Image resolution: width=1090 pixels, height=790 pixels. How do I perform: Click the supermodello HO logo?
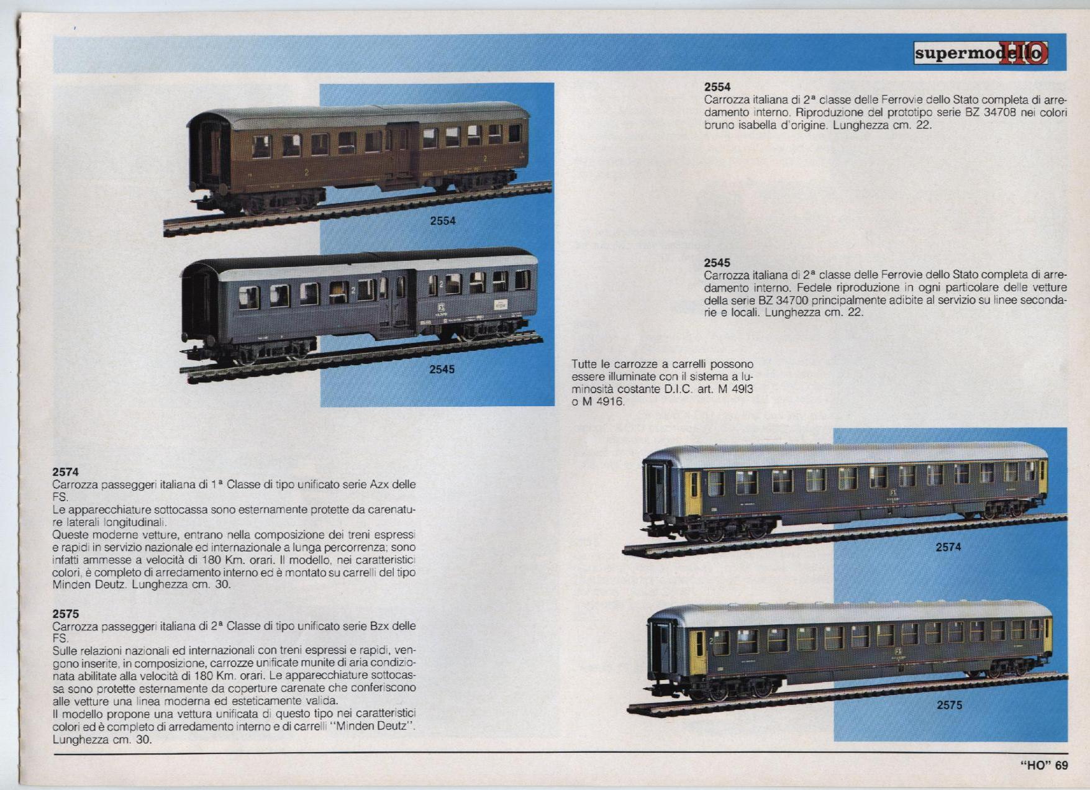click(981, 53)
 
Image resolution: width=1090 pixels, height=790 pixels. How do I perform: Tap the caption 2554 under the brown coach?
click(443, 220)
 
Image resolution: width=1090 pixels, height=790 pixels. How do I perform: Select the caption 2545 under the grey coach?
click(442, 369)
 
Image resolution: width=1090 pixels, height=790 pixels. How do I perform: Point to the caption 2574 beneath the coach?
click(948, 547)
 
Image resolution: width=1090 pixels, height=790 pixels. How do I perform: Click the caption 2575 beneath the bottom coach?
click(949, 705)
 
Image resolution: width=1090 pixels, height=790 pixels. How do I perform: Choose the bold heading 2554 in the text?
click(717, 87)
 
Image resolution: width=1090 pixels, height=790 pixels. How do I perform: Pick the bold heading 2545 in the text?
click(717, 263)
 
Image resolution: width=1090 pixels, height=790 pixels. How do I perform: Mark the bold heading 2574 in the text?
click(66, 472)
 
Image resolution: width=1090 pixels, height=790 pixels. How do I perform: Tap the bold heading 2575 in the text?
click(66, 614)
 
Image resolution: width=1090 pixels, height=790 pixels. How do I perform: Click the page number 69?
click(1061, 765)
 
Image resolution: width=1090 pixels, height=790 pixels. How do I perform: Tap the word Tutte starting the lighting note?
click(584, 364)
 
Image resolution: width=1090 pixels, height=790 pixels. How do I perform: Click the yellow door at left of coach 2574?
click(693, 493)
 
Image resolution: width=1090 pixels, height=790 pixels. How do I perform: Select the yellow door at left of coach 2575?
click(698, 652)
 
